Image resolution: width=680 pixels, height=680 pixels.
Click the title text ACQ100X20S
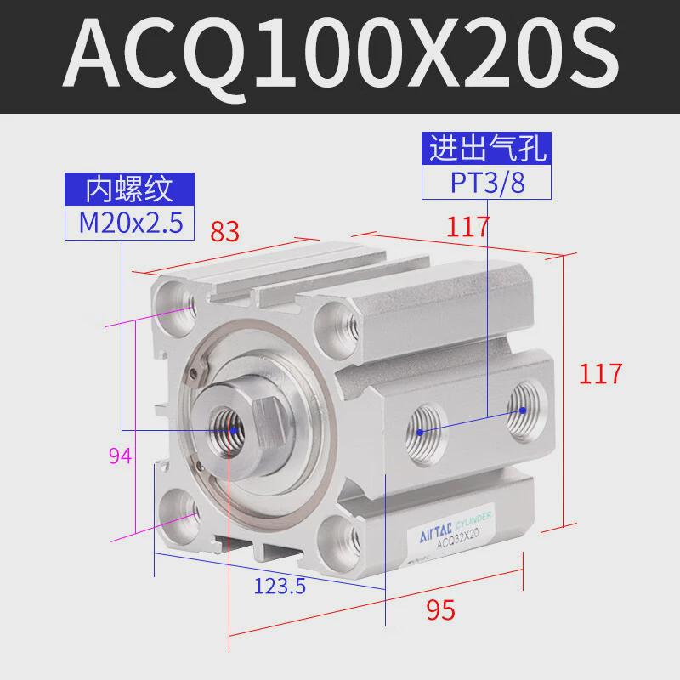click(x=340, y=56)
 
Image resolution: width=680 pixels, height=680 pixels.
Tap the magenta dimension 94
click(x=120, y=457)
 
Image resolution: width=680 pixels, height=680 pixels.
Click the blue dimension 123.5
click(x=280, y=586)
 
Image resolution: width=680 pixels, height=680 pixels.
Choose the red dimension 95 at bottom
click(x=441, y=609)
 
